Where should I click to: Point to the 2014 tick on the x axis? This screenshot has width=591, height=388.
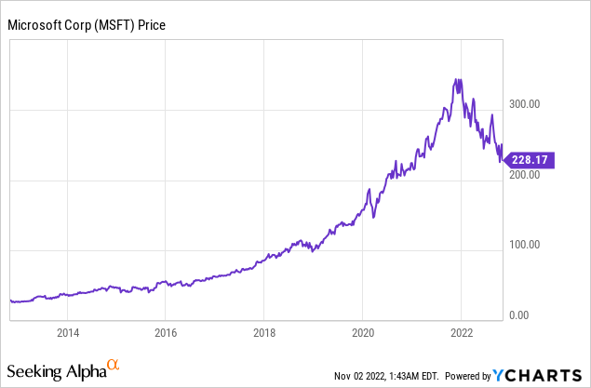[x=67, y=332]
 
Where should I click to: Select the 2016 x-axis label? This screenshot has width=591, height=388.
[x=166, y=332]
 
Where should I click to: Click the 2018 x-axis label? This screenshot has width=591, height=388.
[x=264, y=332]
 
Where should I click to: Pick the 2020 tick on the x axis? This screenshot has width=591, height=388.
[x=363, y=332]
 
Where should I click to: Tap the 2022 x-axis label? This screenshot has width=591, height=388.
[x=462, y=332]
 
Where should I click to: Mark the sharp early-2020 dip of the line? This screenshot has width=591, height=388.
[x=374, y=217]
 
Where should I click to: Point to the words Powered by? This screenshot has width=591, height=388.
[x=468, y=376]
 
